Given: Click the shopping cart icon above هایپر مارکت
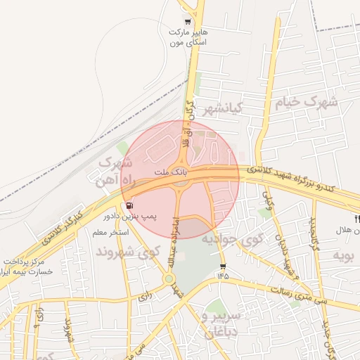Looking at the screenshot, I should [x=186, y=21].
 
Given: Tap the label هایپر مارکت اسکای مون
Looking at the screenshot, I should [x=186, y=37].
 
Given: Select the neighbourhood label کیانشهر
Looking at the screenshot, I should [x=222, y=110].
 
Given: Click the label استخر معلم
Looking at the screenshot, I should [x=109, y=231].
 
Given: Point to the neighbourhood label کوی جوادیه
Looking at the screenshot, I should [x=233, y=239].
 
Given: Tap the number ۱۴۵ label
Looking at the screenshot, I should [x=223, y=275].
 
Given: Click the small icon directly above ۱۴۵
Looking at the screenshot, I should [x=223, y=266].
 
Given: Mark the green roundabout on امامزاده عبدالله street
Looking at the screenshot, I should [x=169, y=279].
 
